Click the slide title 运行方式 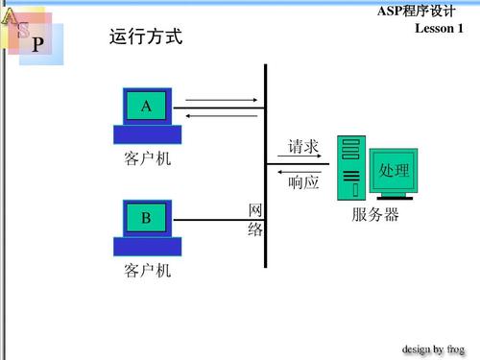146,38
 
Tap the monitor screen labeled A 146,107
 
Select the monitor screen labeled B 146,219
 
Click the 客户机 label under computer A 147,157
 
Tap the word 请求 303,147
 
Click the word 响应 303,181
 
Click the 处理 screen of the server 394,171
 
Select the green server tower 350,167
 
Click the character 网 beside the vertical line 255,210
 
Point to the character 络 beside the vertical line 255,230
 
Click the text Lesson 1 439,29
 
